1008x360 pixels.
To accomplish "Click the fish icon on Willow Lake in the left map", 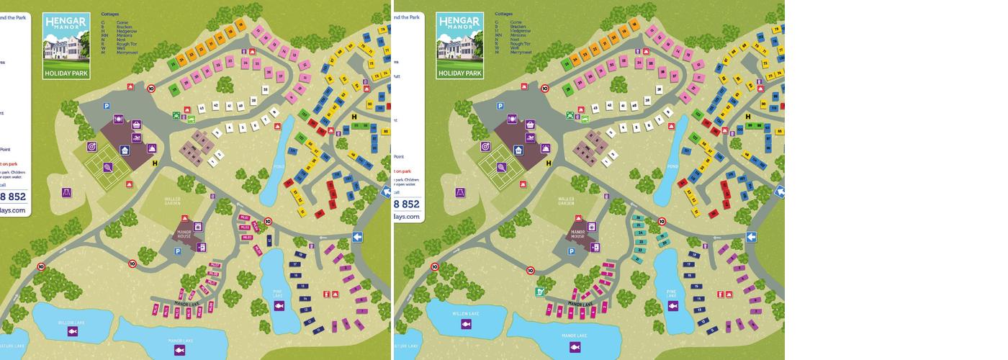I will pyautogui.click(x=73, y=330).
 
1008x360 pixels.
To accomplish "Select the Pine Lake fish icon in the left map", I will pyautogui.click(x=279, y=306).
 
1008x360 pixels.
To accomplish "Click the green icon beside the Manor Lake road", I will pyautogui.click(x=539, y=292).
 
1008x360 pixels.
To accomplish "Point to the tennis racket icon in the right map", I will pyautogui.click(x=501, y=167).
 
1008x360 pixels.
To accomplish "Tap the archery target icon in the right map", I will pyautogui.click(x=485, y=146).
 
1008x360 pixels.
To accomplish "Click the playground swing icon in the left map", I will pyautogui.click(x=67, y=193).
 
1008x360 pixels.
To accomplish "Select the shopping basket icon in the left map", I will pyautogui.click(x=136, y=125).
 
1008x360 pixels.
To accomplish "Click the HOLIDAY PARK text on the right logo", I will pyautogui.click(x=460, y=73).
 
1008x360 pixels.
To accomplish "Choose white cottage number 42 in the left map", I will pyautogui.click(x=215, y=107).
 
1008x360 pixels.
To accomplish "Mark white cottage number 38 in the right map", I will pyautogui.click(x=648, y=99).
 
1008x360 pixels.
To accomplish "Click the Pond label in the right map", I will pyautogui.click(x=672, y=166).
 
